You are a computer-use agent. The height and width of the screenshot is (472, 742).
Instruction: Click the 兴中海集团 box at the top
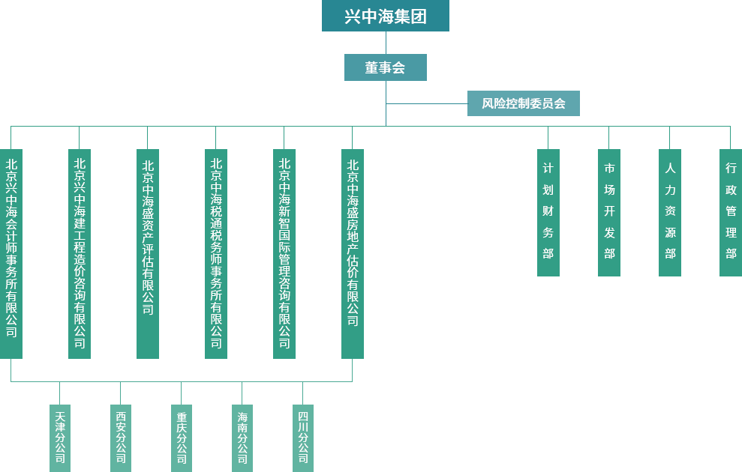tap(385, 16)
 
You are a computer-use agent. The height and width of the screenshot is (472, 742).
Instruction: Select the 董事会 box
tap(385, 67)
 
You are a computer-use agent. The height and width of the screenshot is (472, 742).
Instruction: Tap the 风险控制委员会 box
tap(523, 103)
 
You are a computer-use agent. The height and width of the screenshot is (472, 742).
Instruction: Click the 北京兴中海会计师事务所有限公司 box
tap(11, 253)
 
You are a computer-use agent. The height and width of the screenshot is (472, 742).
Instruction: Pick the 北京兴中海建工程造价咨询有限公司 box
tap(80, 253)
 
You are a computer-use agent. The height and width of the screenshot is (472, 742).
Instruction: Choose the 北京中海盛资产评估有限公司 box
tap(148, 253)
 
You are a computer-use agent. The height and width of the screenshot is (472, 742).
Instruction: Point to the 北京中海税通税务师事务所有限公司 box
tap(216, 253)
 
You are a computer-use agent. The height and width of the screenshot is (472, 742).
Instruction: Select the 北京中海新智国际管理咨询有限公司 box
tap(284, 253)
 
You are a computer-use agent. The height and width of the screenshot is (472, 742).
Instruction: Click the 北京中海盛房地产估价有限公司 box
tap(352, 253)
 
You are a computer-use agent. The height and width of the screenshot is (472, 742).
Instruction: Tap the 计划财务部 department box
tap(548, 212)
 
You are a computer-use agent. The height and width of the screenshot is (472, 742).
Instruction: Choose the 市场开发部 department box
tap(608, 212)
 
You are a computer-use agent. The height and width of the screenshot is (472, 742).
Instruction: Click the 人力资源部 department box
tap(669, 212)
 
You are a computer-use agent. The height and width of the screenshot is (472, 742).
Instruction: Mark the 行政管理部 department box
tap(730, 212)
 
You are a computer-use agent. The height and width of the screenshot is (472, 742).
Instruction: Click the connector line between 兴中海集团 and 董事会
tap(385, 42)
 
